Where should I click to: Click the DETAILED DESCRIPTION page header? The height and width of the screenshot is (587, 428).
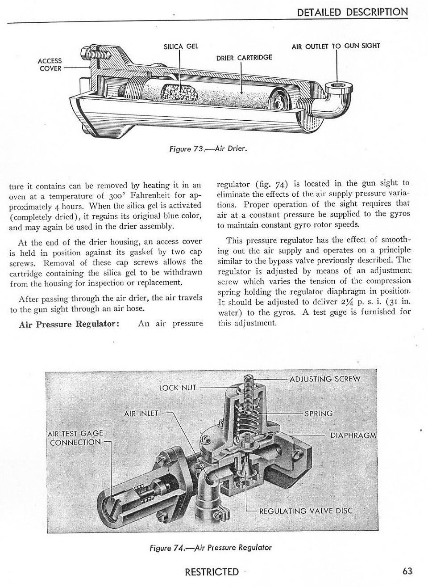click(x=352, y=12)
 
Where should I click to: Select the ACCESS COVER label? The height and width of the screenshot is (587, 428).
click(x=50, y=65)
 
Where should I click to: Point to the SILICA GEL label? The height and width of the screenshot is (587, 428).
click(x=181, y=46)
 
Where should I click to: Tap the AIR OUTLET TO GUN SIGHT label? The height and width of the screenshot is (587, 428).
click(x=336, y=46)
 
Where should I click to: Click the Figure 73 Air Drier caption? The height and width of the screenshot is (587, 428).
click(x=208, y=148)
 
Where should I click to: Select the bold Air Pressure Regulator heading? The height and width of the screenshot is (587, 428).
click(x=69, y=324)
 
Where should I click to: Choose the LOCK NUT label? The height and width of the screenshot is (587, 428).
click(x=178, y=387)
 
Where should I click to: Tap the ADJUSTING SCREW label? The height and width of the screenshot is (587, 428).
click(x=324, y=379)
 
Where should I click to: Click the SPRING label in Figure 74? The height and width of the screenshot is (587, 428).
click(x=318, y=414)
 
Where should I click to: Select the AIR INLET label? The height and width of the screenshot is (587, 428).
click(x=141, y=414)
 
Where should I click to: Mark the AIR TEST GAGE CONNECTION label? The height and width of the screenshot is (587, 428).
click(x=75, y=438)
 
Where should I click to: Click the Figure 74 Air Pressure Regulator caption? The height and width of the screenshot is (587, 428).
click(x=211, y=547)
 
